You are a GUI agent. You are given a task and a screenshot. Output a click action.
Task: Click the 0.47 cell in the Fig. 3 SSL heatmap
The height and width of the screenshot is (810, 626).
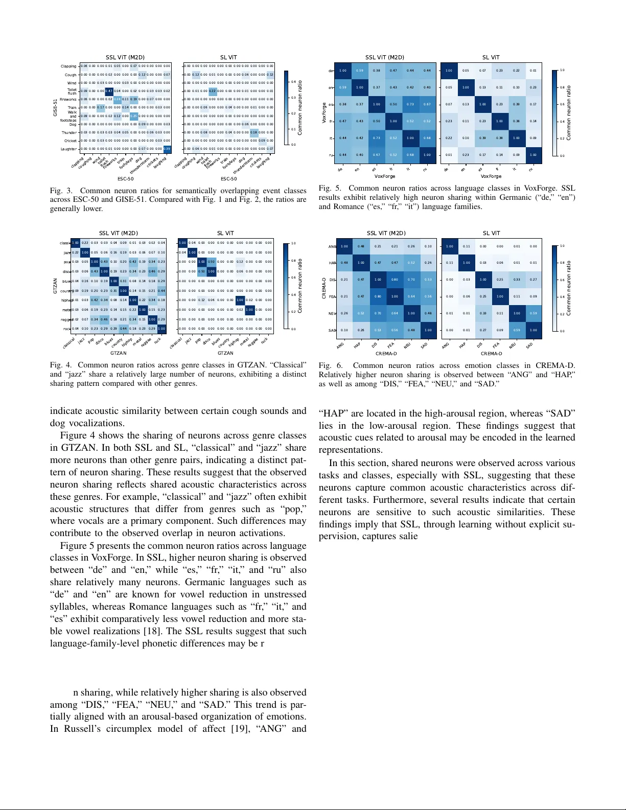(109, 91)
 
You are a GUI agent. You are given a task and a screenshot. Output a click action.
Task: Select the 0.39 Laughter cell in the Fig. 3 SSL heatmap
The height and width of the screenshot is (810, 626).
(167, 149)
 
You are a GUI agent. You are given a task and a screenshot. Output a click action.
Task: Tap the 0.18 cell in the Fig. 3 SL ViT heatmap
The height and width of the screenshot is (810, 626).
(254, 132)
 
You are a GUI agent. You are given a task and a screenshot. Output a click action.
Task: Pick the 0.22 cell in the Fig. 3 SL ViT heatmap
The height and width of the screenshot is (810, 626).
(212, 91)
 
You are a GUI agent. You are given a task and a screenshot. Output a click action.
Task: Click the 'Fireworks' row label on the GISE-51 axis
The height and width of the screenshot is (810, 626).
(68, 100)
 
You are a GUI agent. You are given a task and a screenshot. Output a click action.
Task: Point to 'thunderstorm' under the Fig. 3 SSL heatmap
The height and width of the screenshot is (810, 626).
(140, 166)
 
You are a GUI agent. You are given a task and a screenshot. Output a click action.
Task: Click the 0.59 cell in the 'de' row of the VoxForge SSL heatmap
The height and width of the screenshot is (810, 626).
(360, 71)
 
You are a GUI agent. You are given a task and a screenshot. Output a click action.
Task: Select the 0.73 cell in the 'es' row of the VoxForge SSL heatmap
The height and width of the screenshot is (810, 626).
(410, 104)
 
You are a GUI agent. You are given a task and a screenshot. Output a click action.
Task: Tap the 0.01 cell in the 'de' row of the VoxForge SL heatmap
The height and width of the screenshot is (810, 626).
(533, 71)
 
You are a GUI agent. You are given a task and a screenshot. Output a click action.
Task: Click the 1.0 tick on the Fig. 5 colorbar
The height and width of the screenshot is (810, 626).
(563, 71)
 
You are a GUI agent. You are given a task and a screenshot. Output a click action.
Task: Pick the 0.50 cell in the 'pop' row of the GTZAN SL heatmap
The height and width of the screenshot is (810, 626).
(211, 262)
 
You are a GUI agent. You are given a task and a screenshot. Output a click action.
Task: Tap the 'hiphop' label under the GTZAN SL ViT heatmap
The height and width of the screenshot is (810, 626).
(235, 341)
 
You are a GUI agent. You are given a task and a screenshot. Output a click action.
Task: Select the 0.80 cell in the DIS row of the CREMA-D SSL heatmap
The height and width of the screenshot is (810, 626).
(395, 280)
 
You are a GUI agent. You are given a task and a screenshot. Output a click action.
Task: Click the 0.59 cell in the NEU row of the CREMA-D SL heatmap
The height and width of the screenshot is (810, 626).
(533, 313)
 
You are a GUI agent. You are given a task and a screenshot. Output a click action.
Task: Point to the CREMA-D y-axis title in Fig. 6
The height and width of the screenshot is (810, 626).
(324, 288)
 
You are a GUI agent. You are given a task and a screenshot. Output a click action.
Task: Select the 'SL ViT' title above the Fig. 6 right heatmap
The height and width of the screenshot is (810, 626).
(491, 233)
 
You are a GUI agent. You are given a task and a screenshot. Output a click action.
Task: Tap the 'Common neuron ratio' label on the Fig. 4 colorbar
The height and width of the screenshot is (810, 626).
(300, 286)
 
